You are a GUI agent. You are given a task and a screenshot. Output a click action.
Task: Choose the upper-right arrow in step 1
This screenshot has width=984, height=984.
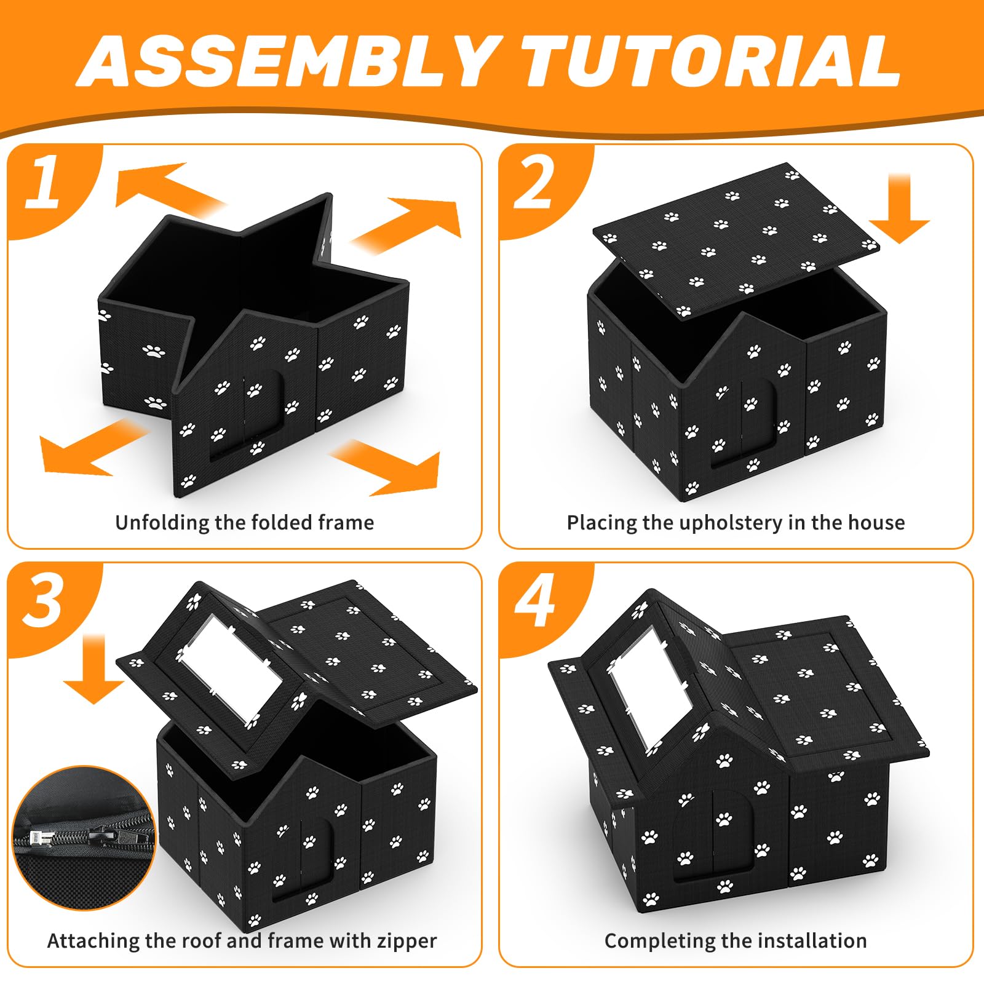pos(410,224)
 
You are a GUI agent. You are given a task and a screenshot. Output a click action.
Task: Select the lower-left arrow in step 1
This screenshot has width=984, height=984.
pos(92,446)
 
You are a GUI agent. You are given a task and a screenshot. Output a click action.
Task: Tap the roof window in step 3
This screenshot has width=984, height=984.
pos(231,667)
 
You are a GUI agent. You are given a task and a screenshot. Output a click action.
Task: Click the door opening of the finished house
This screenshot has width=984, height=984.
pos(713,833)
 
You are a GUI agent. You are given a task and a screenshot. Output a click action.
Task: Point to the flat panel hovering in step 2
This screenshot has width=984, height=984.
pos(736,240)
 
